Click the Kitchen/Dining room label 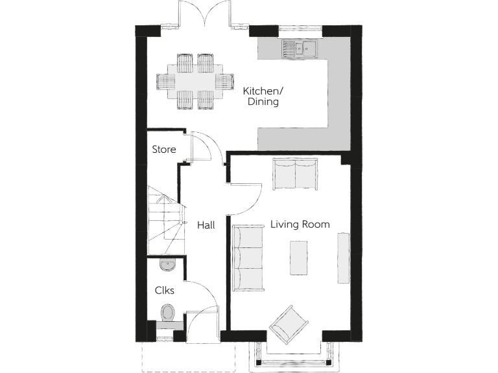coord(261,96)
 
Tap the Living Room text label coord(300,225)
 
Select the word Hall coord(206,225)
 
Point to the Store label coord(163,150)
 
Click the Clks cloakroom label coord(164,291)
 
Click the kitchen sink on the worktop coord(298,47)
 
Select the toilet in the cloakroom coord(168,314)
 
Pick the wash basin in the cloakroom coord(167,264)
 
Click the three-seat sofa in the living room coord(248,256)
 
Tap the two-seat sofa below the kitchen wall coord(295,174)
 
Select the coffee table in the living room coord(298,257)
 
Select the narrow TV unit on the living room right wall coord(342,257)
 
